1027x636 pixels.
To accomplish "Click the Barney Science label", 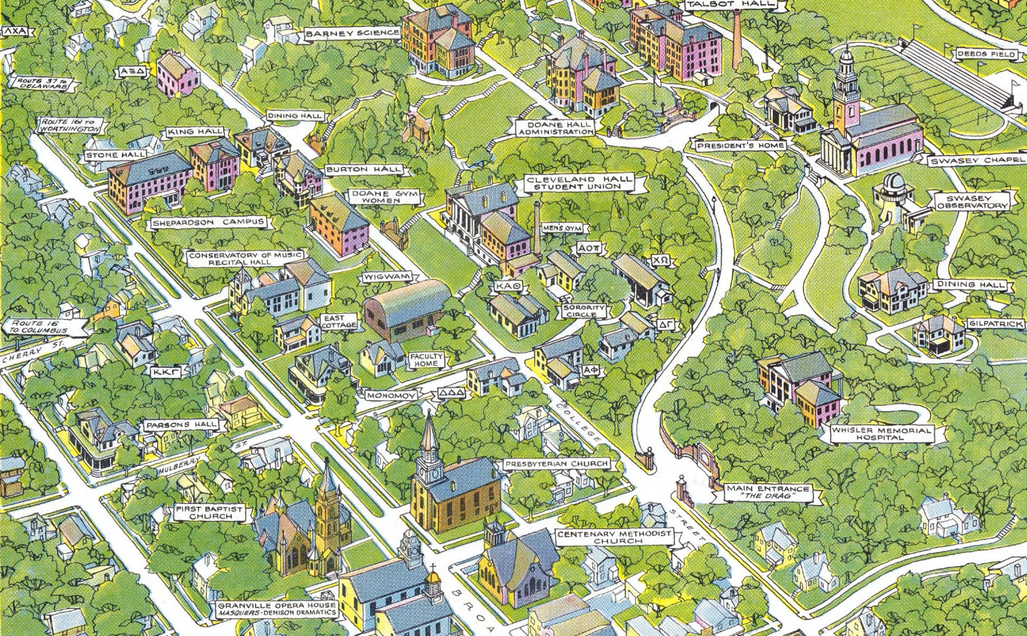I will (x=353, y=33).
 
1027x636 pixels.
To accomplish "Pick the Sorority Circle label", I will (x=584, y=311).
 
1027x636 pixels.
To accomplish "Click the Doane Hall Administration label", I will (x=555, y=127).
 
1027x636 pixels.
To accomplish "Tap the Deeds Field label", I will (x=986, y=54).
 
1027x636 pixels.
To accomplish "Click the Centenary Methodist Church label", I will (x=615, y=537).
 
